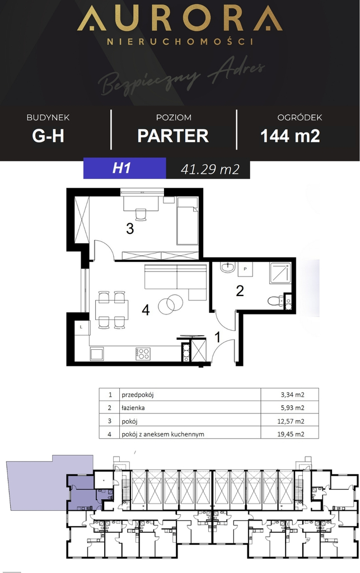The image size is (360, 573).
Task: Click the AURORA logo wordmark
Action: click(179, 20)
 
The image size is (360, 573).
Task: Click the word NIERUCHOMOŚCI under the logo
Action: click(179, 41)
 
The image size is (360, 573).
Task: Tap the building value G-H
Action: click(48, 135)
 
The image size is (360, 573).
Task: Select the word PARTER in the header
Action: click(173, 135)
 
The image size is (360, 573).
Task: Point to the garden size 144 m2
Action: click(290, 135)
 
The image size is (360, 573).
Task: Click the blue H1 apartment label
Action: click(121, 168)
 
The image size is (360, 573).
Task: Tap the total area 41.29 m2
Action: click(210, 169)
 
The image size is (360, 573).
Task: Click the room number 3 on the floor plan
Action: click(130, 228)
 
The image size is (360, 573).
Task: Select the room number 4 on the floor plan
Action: click(146, 309)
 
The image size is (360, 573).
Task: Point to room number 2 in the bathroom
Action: click(240, 290)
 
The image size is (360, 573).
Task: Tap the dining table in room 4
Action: click(111, 309)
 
